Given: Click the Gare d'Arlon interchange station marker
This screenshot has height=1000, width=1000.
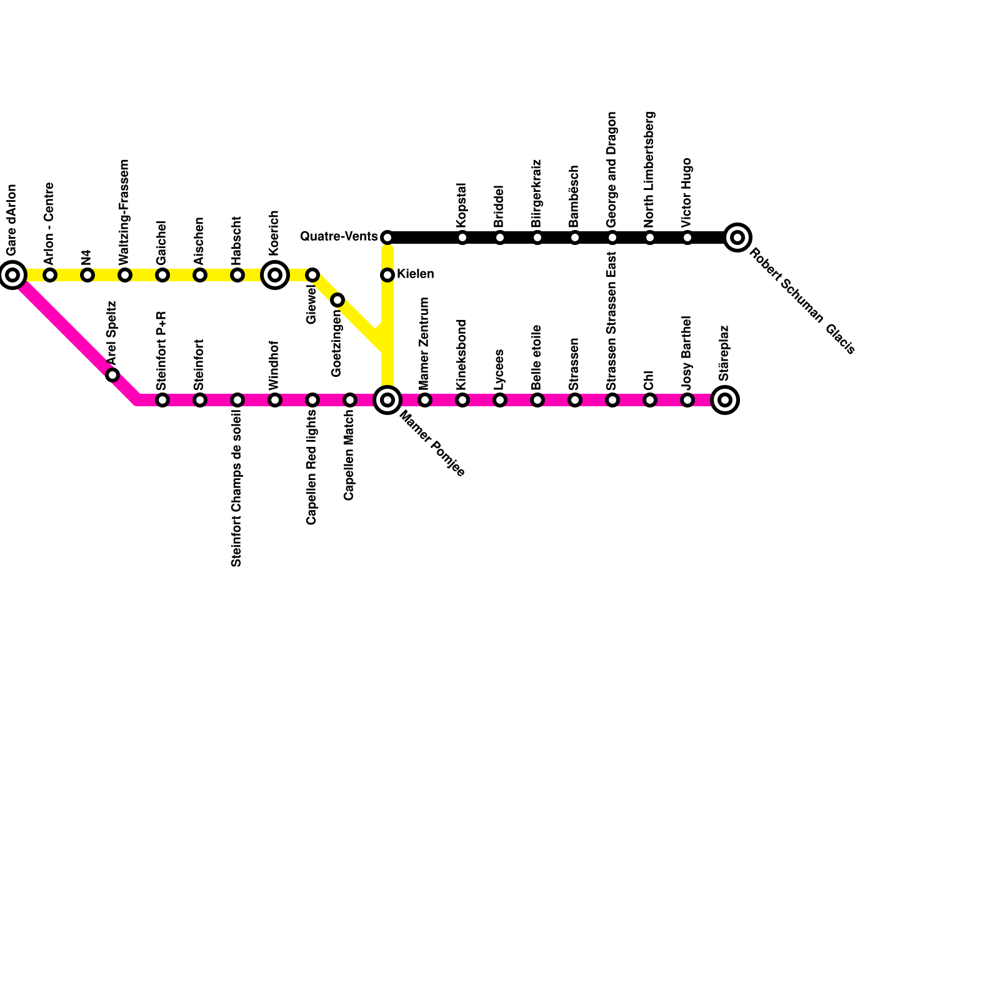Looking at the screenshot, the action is [12, 275].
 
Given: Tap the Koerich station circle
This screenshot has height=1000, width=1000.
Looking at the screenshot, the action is [275, 275].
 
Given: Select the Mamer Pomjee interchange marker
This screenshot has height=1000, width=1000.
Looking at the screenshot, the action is [387, 400].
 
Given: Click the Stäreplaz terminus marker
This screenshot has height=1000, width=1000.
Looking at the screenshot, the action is [725, 400].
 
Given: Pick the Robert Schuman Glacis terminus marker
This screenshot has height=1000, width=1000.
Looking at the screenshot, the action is [737, 237].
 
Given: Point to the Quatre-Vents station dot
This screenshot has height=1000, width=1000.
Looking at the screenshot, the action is [387, 237].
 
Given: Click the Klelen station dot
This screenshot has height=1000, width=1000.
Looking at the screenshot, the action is [387, 275].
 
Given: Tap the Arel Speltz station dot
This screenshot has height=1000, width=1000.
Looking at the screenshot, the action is [112, 375].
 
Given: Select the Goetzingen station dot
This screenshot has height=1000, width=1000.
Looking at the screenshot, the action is [337, 300].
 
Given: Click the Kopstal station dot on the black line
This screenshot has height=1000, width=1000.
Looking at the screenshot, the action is [462, 237].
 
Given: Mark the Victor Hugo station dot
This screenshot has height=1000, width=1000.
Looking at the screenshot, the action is [687, 237].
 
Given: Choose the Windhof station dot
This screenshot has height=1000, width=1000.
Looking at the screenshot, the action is [275, 400].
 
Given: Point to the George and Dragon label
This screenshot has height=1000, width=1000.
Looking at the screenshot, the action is [612, 169].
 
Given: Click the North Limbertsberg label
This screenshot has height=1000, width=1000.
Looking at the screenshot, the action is [649, 169].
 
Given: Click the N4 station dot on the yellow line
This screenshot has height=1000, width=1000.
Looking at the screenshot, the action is [87, 275].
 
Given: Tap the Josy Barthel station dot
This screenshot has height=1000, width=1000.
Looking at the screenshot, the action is [687, 400].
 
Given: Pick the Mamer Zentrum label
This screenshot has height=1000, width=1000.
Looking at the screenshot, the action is [424, 343].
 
